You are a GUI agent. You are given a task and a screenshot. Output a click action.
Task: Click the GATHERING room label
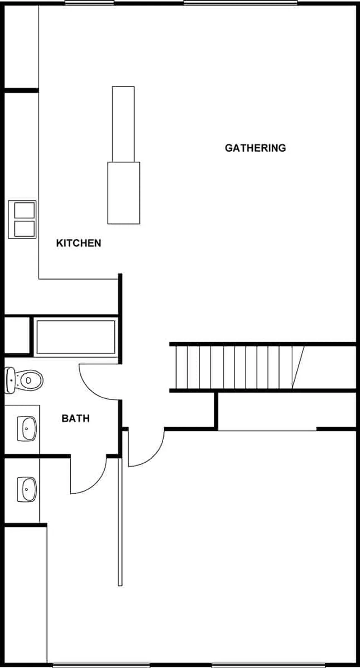(255, 148)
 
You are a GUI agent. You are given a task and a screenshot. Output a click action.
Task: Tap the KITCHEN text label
(79, 243)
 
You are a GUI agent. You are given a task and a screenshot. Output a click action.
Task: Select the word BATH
(75, 418)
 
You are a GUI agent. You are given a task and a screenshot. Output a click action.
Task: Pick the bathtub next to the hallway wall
(76, 337)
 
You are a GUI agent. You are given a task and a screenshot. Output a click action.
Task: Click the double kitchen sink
(23, 219)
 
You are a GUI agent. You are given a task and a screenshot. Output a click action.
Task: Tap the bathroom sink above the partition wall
(27, 429)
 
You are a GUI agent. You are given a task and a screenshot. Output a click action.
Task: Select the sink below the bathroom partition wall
(27, 489)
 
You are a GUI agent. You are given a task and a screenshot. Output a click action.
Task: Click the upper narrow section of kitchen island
(123, 124)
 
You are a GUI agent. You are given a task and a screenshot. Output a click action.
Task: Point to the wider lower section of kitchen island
(123, 193)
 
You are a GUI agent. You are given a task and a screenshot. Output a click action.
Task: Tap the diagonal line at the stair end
(298, 367)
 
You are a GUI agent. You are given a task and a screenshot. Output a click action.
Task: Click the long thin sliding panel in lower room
(120, 521)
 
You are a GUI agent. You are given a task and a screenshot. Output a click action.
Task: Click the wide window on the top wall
(240, 3)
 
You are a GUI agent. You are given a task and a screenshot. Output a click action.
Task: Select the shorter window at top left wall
(89, 3)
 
